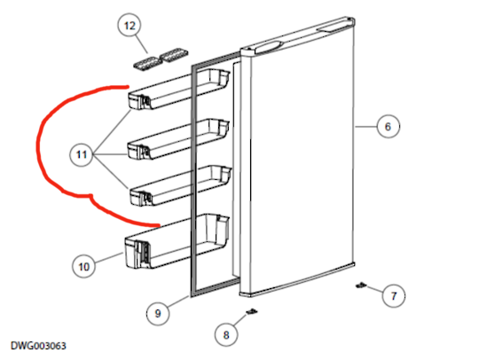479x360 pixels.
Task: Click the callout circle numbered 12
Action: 130,27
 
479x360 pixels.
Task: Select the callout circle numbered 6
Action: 386,127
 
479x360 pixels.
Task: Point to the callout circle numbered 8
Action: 225,335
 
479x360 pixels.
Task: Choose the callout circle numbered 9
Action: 156,312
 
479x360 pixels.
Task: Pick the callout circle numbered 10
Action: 84,264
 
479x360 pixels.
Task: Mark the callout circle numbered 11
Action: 82,155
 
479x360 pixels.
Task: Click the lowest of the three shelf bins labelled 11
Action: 178,184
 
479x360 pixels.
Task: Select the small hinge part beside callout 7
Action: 362,286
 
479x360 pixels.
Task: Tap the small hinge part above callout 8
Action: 252,311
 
